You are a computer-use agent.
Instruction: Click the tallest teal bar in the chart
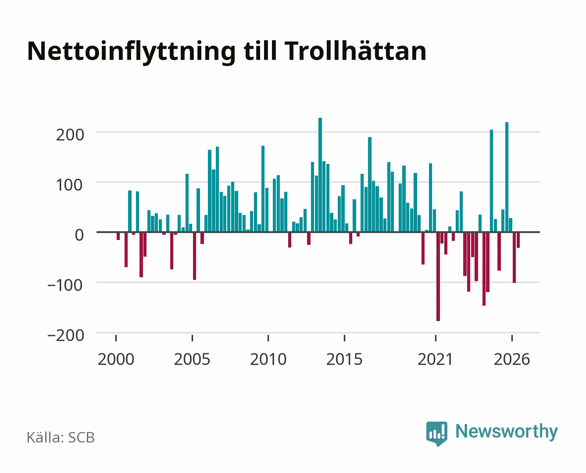(320, 175)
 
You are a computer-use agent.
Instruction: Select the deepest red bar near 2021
(438, 276)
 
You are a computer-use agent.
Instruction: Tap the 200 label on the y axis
(70, 135)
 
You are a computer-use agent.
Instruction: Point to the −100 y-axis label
(65, 285)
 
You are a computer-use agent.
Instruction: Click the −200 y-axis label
(66, 335)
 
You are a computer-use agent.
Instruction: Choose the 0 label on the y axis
(79, 235)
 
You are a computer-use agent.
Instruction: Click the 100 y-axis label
(69, 185)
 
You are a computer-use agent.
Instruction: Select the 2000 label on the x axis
(116, 359)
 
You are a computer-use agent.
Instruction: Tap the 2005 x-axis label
(192, 359)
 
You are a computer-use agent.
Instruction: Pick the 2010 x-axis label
(268, 359)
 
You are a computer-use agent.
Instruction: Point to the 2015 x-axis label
(344, 359)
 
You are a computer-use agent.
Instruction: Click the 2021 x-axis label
(435, 359)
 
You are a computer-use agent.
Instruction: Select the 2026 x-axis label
(512, 359)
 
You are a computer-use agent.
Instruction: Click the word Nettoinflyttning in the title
(132, 52)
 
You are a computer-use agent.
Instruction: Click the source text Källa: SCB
(61, 438)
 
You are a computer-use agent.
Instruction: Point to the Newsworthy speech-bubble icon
(436, 434)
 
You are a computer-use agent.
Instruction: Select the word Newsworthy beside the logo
(507, 431)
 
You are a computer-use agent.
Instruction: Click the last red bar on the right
(518, 240)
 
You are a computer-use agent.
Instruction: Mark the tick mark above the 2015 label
(344, 338)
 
